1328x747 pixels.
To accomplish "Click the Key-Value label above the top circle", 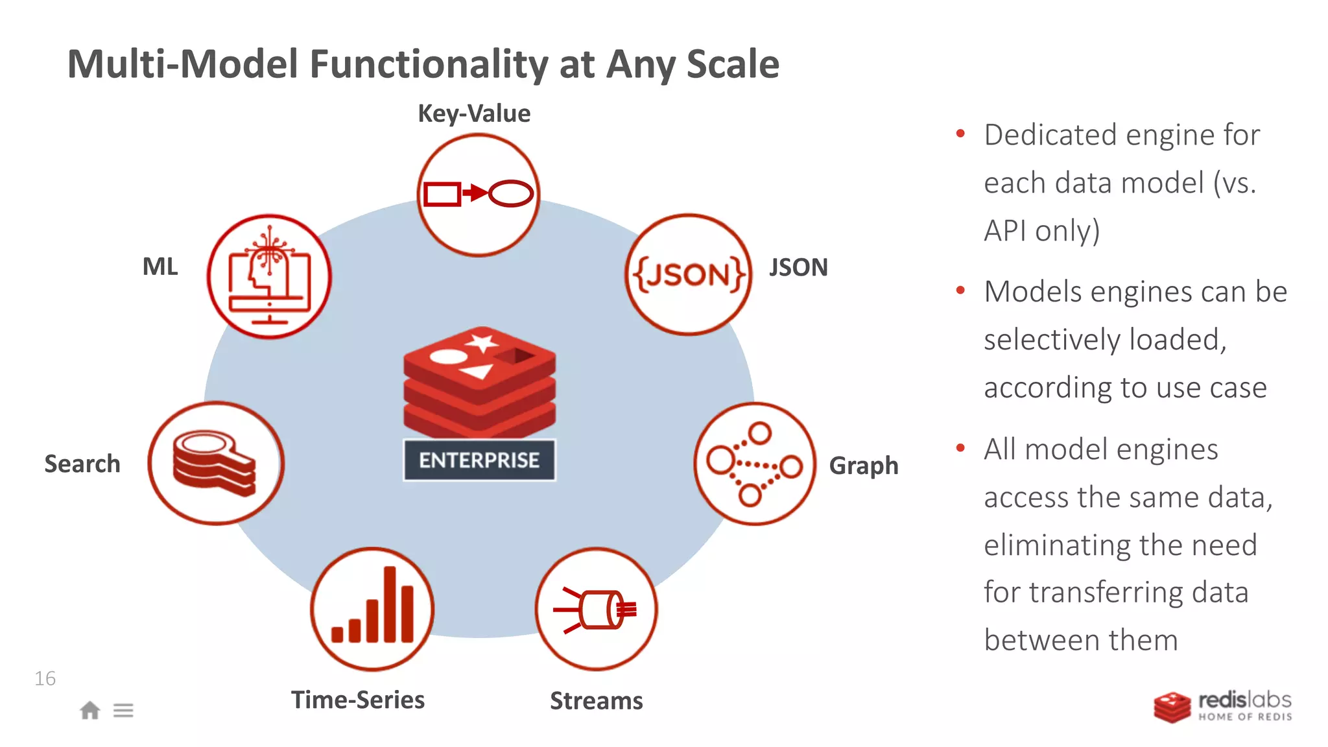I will pos(474,113).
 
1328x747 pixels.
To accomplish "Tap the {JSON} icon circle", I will pos(689,275).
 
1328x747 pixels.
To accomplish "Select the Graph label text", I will pos(864,466).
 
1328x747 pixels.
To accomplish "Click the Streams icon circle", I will pos(596,609).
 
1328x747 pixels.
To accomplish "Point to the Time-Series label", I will pos(358,700).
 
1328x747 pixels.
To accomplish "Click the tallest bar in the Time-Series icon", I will pos(390,604).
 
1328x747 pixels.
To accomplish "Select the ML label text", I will pos(160,267).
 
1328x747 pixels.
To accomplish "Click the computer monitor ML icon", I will pos(269,278).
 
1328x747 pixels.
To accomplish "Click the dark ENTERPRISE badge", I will pos(479,460).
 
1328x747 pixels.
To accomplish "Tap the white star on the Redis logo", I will pos(483,342).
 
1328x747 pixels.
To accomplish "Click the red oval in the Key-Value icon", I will pos(511,193).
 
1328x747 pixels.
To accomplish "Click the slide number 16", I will pos(45,679).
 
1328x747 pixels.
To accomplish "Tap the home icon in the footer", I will pos(90,711).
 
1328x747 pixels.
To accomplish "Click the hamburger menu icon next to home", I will pos(123,711).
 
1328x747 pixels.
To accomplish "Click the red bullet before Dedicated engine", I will pos(960,134).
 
